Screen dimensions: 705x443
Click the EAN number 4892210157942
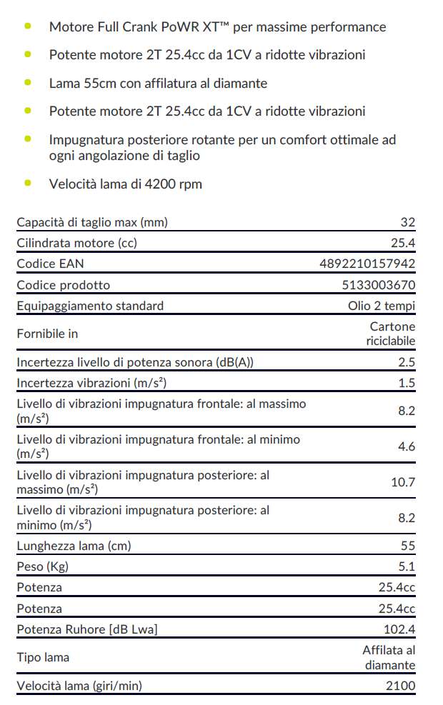click(367, 264)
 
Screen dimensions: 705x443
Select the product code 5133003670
click(379, 285)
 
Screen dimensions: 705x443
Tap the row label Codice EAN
click(50, 264)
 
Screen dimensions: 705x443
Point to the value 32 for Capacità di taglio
click(408, 222)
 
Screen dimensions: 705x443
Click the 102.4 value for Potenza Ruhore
click(399, 629)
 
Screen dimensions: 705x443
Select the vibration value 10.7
click(402, 482)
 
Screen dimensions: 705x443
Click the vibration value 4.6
click(407, 446)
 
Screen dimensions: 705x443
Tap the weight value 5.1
click(407, 566)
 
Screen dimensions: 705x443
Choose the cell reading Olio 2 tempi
click(377, 306)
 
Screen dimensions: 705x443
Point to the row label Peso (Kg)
click(42, 566)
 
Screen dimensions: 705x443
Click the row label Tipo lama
click(43, 657)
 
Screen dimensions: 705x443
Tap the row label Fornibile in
click(47, 334)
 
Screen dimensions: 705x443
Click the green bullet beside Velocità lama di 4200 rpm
click(28, 182)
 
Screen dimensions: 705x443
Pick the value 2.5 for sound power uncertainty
click(407, 362)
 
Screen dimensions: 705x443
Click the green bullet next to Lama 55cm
click(28, 82)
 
